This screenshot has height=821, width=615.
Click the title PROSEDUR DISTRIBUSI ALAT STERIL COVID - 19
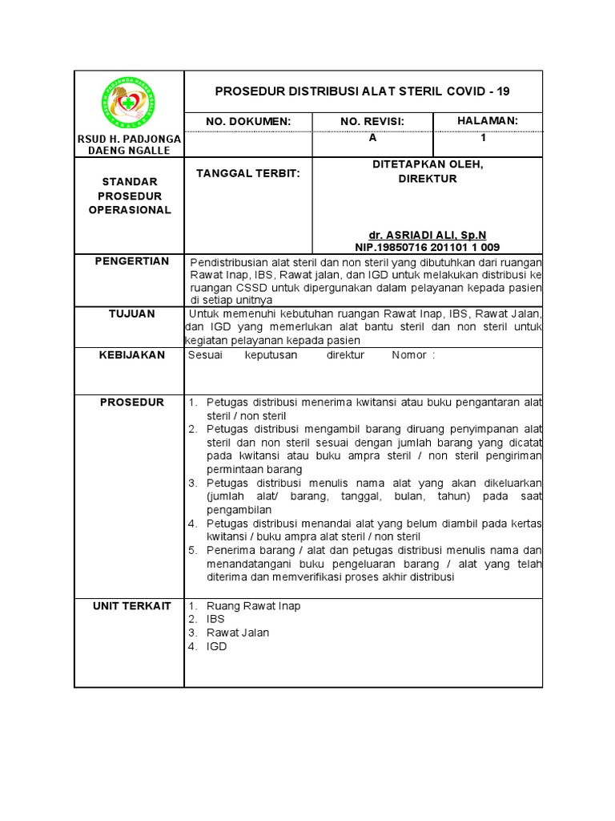click(x=362, y=91)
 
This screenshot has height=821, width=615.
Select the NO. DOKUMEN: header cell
click(x=248, y=121)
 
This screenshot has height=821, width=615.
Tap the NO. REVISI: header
click(x=372, y=121)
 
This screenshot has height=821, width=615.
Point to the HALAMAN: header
click(x=488, y=120)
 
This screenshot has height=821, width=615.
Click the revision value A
click(x=372, y=138)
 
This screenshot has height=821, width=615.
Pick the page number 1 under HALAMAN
click(x=484, y=138)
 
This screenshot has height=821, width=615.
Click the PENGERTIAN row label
click(x=129, y=261)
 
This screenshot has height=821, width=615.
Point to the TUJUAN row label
click(x=129, y=313)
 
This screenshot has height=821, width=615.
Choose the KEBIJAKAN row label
click(x=129, y=354)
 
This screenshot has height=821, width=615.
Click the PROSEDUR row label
click(x=129, y=402)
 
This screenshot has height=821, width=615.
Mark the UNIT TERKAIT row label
click(x=129, y=606)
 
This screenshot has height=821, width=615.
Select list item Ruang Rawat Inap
click(x=253, y=606)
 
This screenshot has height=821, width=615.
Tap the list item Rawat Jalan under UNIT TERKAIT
click(x=238, y=633)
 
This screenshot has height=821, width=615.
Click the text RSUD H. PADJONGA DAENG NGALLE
click(x=129, y=145)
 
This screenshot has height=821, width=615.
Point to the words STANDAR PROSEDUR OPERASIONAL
click(x=129, y=196)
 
